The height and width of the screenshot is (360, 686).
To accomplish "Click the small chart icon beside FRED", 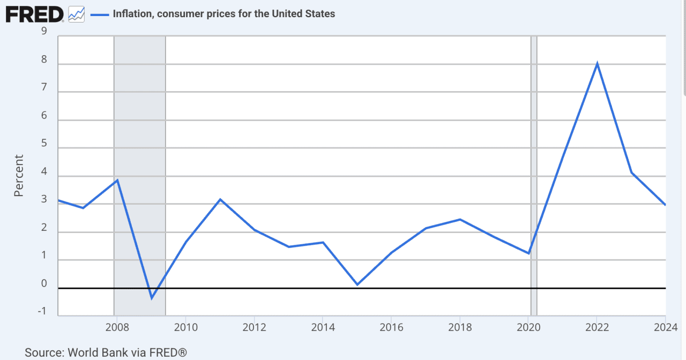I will [x=77, y=14].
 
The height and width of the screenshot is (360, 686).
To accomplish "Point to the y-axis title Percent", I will [x=19, y=176].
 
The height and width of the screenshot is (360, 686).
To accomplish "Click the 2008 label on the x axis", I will [x=116, y=327].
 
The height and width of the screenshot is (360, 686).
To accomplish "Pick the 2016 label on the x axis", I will [x=391, y=327].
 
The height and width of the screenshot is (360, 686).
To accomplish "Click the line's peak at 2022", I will [x=597, y=64].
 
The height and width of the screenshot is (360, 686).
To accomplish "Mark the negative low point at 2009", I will [x=152, y=298].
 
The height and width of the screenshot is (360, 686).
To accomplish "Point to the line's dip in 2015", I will [x=357, y=284].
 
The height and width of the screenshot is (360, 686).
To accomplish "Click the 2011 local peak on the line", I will [x=220, y=199].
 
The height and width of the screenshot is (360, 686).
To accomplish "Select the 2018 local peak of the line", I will [x=460, y=219].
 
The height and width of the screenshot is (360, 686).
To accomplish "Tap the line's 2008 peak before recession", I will [x=117, y=180].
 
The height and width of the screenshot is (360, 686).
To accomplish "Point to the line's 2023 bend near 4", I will [x=632, y=172].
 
